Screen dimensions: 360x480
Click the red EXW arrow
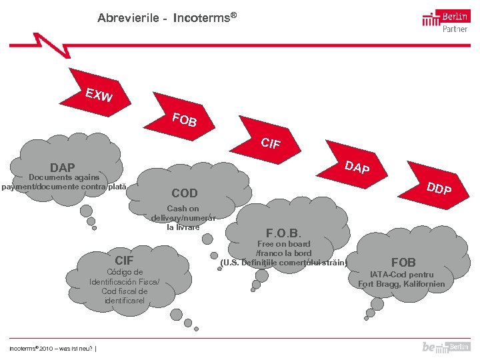click(x=95, y=96)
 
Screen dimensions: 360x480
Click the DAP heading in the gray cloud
click(x=63, y=167)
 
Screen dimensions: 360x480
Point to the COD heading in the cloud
click(x=185, y=193)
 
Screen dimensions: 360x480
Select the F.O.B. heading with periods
click(x=283, y=233)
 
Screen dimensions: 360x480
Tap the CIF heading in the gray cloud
click(x=124, y=260)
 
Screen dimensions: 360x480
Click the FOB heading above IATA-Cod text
click(x=403, y=262)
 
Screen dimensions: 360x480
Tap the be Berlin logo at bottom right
click(x=446, y=347)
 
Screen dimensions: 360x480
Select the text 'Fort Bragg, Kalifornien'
click(x=401, y=285)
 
